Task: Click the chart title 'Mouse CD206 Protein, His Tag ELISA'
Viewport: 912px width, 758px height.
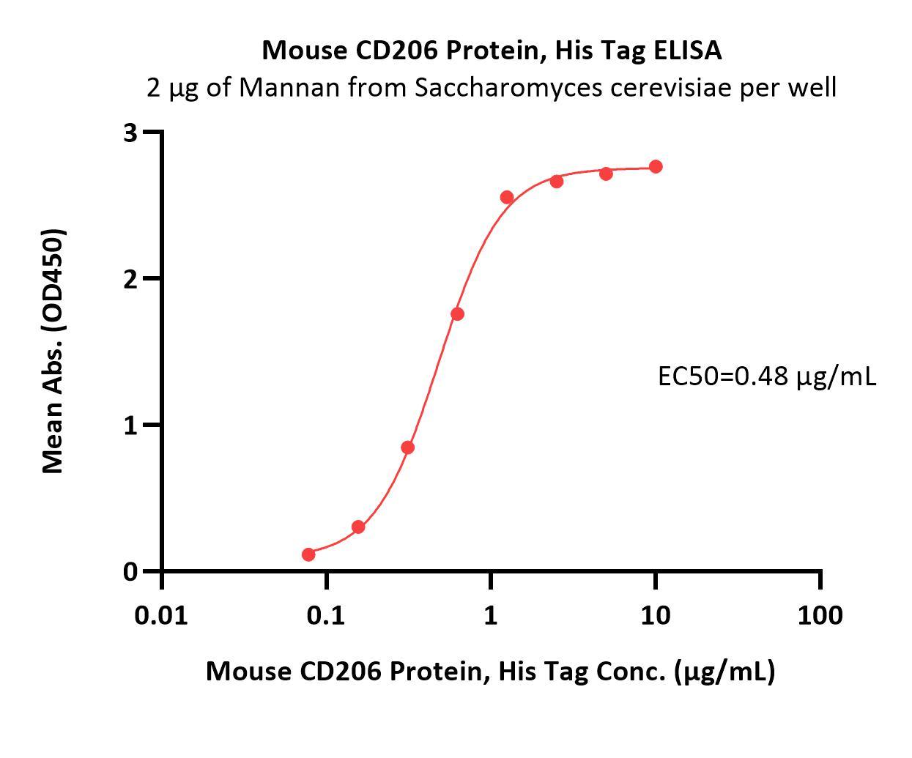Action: click(x=492, y=50)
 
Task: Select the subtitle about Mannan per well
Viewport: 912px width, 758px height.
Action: click(x=492, y=88)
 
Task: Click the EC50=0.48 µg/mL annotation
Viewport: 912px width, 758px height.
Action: click(x=766, y=376)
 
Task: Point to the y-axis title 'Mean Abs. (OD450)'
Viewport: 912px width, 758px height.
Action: click(x=53, y=352)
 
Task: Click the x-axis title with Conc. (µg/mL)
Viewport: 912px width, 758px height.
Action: click(x=490, y=671)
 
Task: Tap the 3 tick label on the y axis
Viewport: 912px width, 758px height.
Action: click(x=130, y=133)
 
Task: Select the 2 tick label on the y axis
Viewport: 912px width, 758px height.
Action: click(x=130, y=279)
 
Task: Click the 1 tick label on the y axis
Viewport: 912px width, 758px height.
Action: click(x=130, y=425)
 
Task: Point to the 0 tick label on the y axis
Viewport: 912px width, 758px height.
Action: click(x=130, y=571)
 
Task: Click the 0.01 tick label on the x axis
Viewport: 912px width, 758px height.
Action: click(x=161, y=615)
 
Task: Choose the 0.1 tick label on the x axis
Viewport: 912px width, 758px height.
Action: click(x=326, y=615)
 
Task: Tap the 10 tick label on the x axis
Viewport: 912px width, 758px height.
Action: click(x=655, y=615)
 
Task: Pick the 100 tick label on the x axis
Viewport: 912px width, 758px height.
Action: click(x=819, y=615)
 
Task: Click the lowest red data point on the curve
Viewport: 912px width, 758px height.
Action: click(x=308, y=554)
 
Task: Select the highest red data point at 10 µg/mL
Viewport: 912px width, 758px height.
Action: click(x=656, y=167)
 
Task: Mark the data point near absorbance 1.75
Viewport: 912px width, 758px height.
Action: click(x=457, y=314)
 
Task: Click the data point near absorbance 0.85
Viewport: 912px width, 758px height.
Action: click(x=408, y=447)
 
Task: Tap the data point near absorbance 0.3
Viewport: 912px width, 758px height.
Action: click(x=358, y=527)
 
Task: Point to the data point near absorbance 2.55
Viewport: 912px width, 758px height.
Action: click(x=507, y=198)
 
